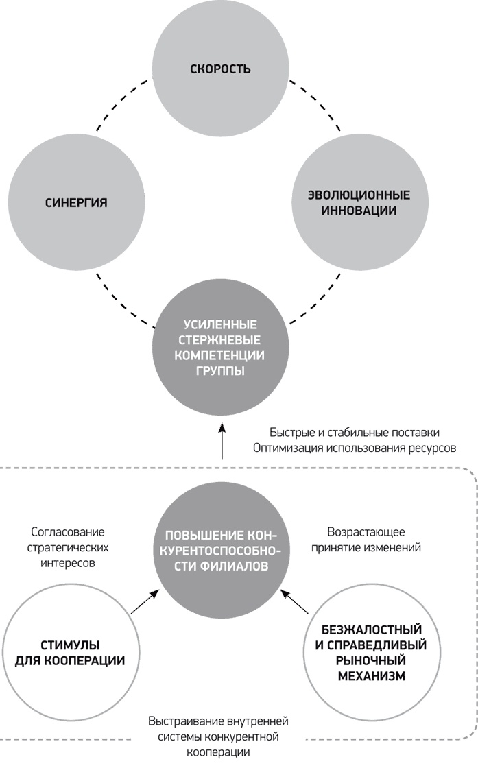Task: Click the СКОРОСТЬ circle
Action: coord(220,69)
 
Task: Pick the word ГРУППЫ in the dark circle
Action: coord(220,371)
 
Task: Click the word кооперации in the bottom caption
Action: coord(219,752)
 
